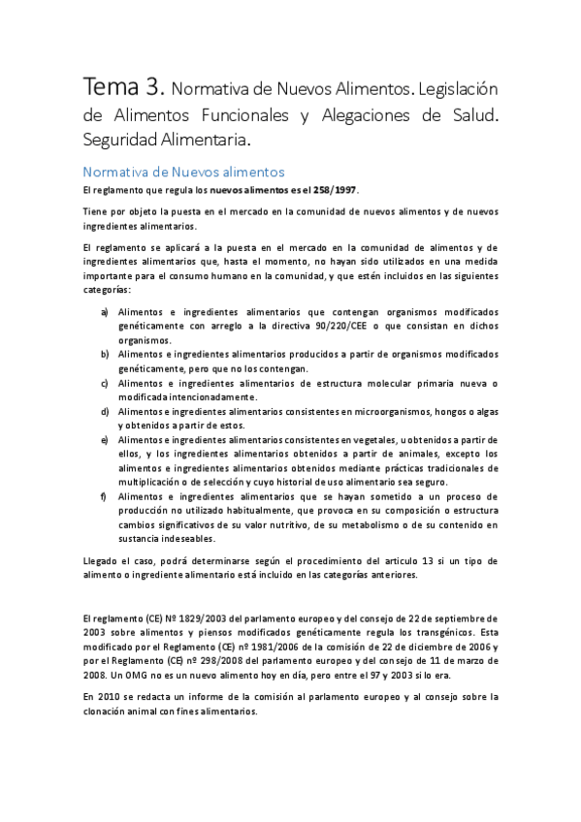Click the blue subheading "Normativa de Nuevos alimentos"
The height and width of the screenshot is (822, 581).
click(x=182, y=171)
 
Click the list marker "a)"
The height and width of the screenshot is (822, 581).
click(x=105, y=312)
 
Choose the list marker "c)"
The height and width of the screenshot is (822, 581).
click(x=105, y=383)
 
